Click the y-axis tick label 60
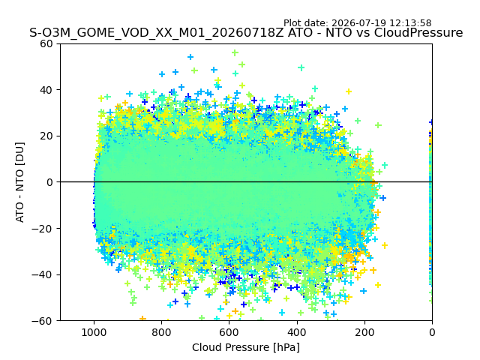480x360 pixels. coord(46,43)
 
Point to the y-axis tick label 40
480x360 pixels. coord(46,90)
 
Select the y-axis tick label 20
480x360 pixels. coord(46,136)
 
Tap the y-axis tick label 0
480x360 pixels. coord(49,182)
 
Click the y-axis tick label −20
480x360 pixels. coord(42,229)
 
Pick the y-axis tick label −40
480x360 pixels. coord(42,275)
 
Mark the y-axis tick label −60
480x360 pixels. coord(42,321)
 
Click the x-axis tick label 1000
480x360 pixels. coord(94,332)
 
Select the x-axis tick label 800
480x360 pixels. coord(161,332)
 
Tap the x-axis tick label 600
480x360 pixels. coord(229,332)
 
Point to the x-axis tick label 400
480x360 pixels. coord(297,332)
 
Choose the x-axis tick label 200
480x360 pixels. coord(364,332)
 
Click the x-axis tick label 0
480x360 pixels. coord(432,332)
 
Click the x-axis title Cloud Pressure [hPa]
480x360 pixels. coord(246,348)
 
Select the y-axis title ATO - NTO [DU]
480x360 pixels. coord(20,182)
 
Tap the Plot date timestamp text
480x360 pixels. coord(357,23)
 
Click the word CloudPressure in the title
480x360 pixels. coord(418,33)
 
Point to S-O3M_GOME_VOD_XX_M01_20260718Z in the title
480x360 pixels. coord(157,33)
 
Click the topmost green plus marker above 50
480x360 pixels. coord(235,52)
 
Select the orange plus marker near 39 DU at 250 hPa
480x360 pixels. coord(348,91)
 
